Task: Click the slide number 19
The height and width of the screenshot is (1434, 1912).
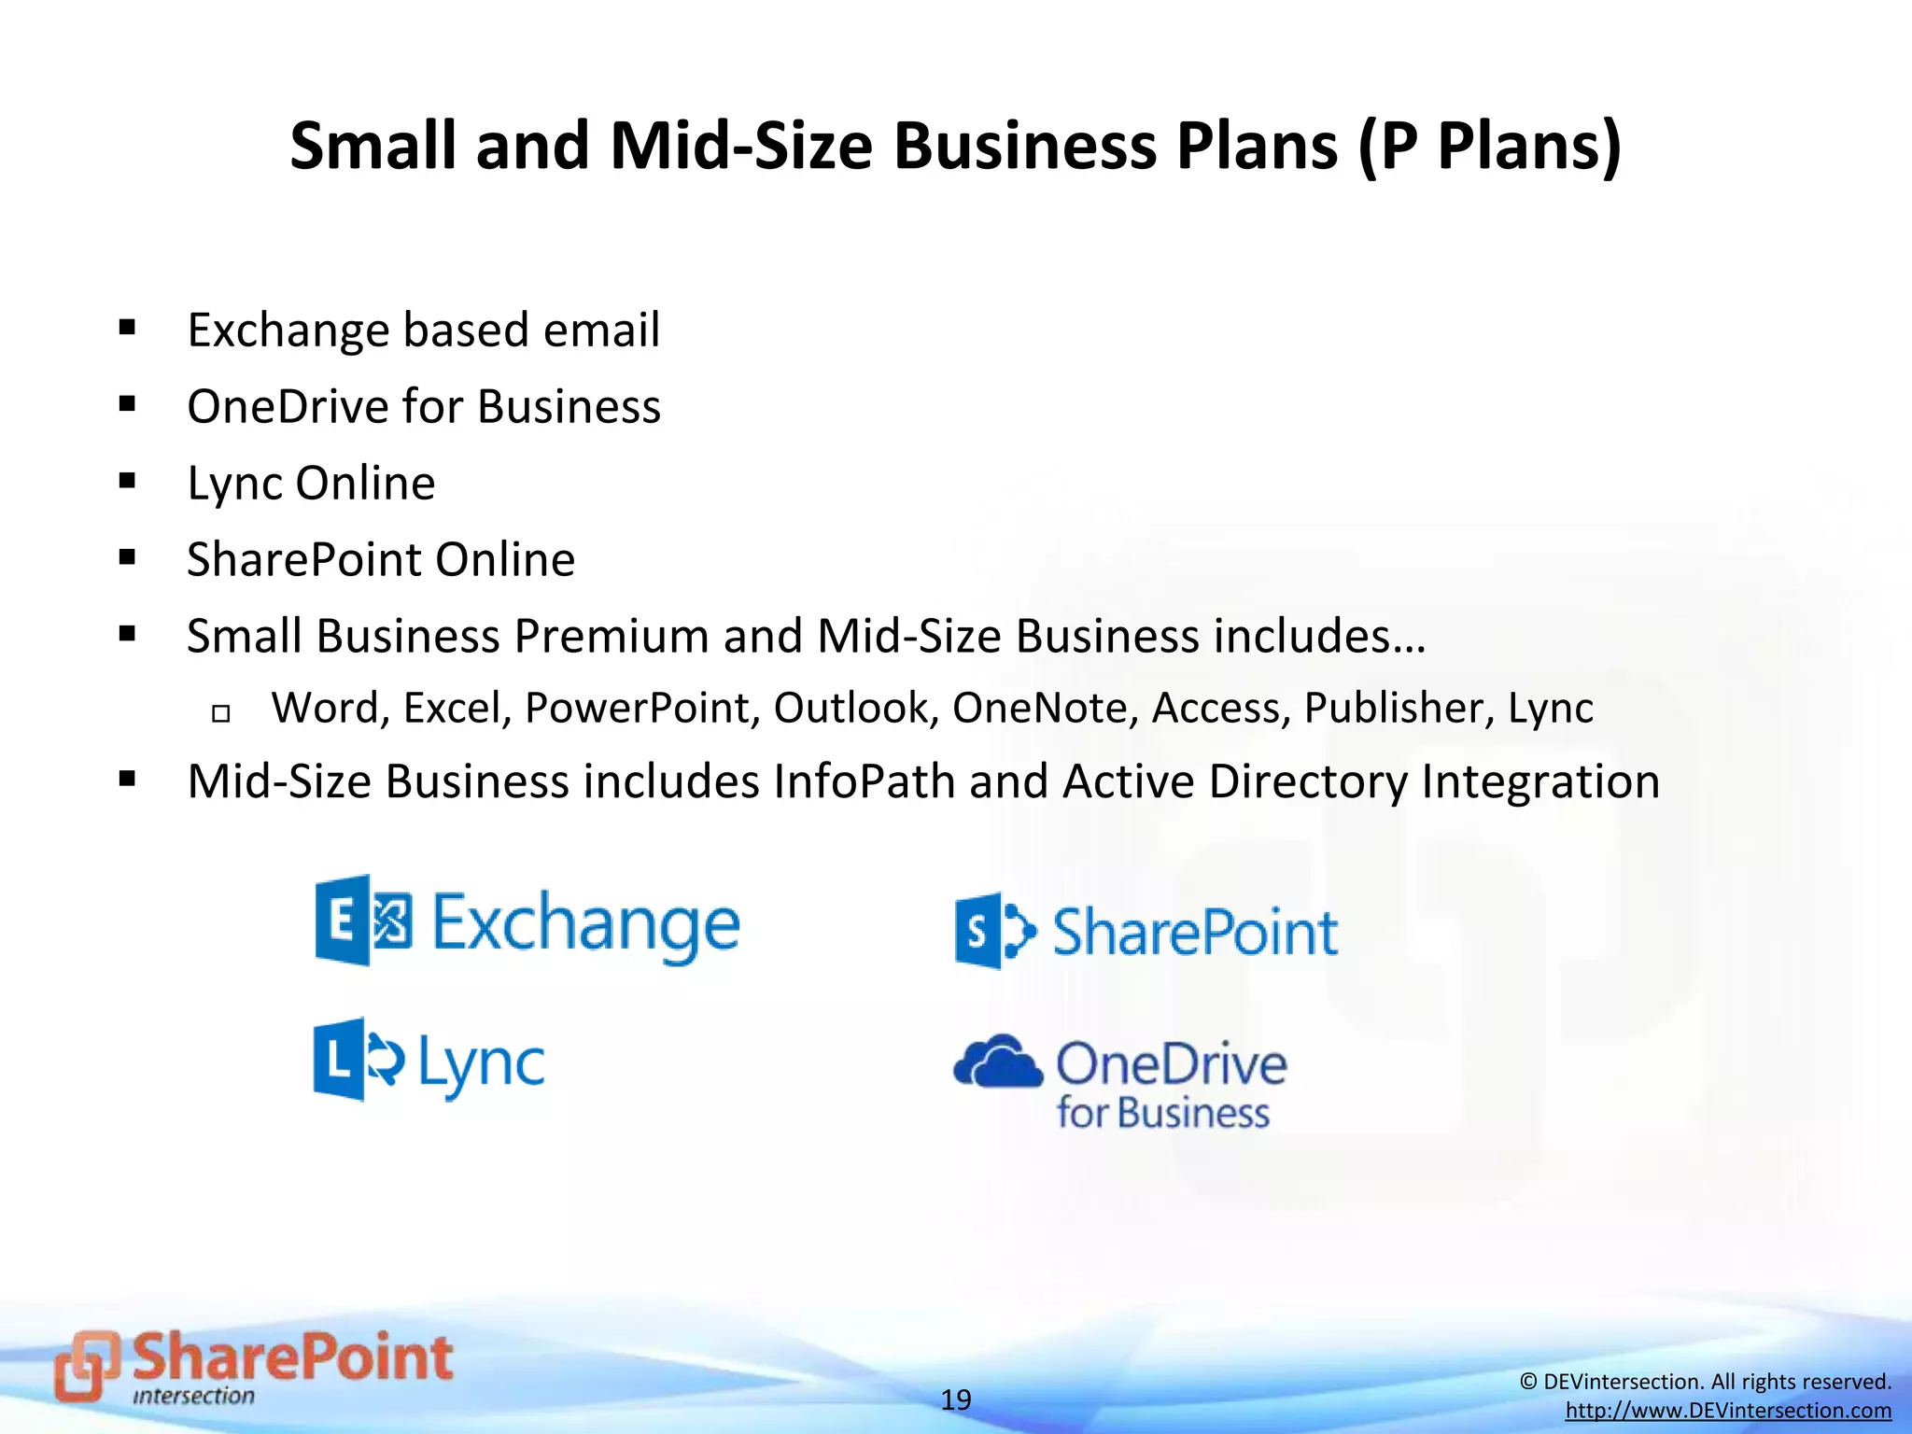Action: (x=955, y=1399)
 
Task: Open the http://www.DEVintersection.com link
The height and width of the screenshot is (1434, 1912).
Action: (x=1728, y=1411)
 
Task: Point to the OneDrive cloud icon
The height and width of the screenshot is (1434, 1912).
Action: (x=997, y=1063)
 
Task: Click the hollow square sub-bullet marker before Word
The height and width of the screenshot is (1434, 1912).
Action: (x=221, y=714)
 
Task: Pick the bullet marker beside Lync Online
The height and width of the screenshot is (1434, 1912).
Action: (x=128, y=482)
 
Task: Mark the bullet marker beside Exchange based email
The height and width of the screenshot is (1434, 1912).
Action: (x=128, y=328)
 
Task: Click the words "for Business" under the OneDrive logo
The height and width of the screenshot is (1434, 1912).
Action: (x=1162, y=1113)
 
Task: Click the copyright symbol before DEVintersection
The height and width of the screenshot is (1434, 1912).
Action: (x=1528, y=1382)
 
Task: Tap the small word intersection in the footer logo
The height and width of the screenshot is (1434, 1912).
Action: (x=193, y=1397)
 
